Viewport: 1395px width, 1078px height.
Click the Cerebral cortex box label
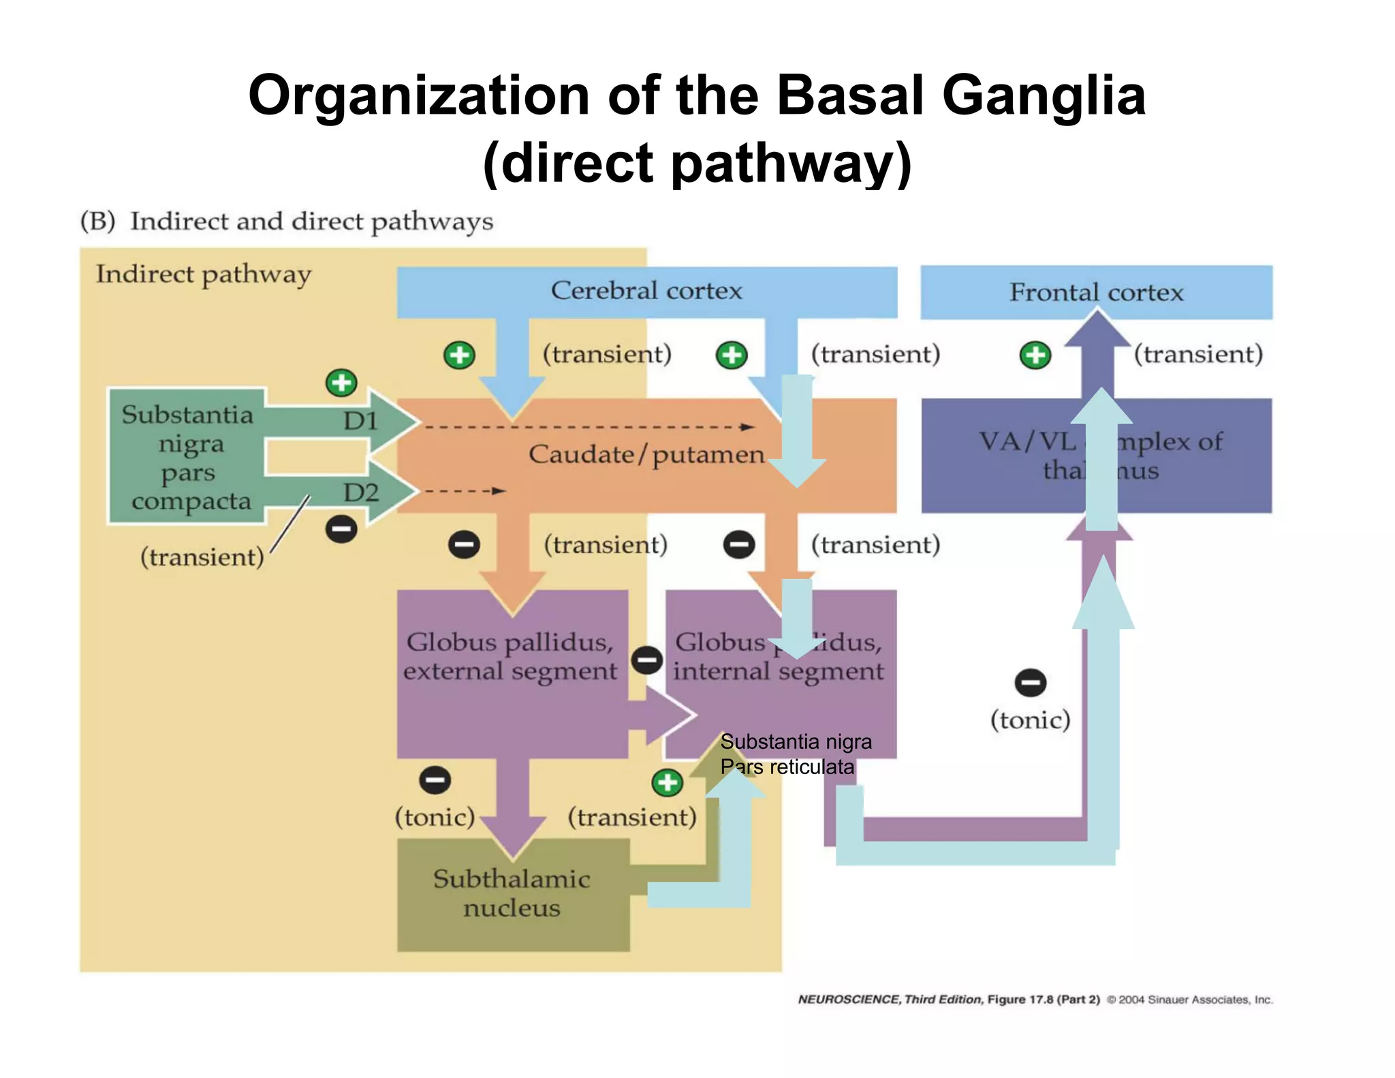tap(646, 291)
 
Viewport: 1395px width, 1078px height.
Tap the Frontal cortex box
tap(1096, 292)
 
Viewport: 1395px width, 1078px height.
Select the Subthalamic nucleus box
tap(512, 894)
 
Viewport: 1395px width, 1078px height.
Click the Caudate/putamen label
tap(646, 455)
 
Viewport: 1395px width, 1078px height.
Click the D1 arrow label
tap(360, 421)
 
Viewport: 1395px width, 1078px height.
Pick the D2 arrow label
tap(360, 492)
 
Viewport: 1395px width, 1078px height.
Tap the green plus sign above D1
tap(341, 383)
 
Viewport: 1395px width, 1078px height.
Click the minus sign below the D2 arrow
tap(341, 529)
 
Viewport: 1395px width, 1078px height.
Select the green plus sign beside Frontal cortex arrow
tap(1035, 355)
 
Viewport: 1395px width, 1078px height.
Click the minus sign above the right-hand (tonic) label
tap(1030, 682)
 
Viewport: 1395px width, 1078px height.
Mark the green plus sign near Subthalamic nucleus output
tap(667, 782)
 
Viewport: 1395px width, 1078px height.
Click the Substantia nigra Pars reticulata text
tap(794, 754)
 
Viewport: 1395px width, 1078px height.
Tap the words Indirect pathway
tap(203, 275)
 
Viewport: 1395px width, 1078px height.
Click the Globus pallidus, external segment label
tap(510, 656)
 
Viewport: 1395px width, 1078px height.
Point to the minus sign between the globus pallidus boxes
tap(646, 660)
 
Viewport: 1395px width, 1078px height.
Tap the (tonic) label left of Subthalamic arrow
tap(435, 817)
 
